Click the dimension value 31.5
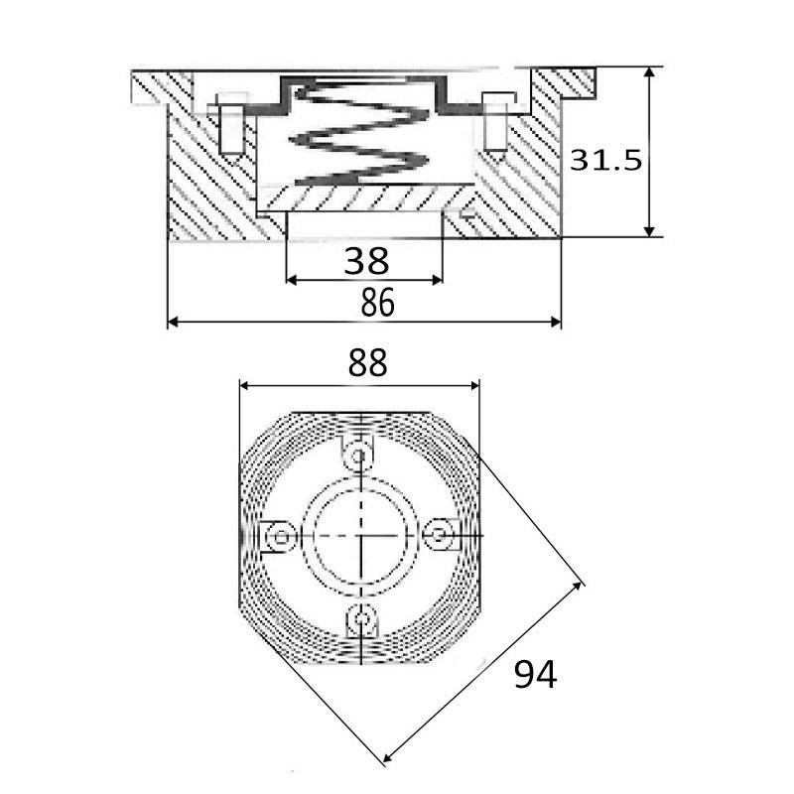click(x=605, y=161)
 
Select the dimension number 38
click(x=366, y=261)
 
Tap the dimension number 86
click(x=377, y=303)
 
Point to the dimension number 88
click(x=367, y=362)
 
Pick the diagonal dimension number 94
click(x=535, y=674)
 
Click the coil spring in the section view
click(x=359, y=133)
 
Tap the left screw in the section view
click(x=232, y=123)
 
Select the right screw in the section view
click(x=496, y=122)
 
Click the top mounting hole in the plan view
click(x=359, y=457)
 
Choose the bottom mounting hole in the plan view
click(x=361, y=618)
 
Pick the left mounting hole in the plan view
click(x=281, y=536)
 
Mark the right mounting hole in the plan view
click(x=440, y=534)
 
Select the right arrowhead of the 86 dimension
click(x=555, y=322)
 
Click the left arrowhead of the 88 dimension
click(x=245, y=386)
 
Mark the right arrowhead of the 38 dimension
click(x=437, y=280)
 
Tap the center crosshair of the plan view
click(x=360, y=535)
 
